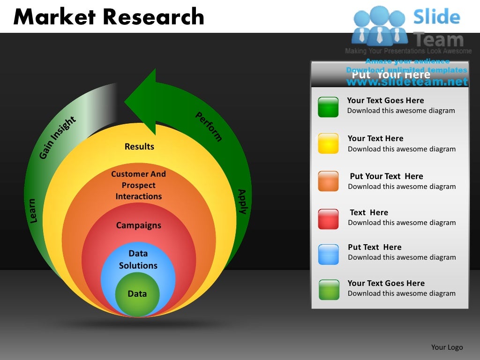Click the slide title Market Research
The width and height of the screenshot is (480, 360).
pos(109,17)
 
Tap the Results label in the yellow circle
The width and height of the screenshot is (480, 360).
pos(139,147)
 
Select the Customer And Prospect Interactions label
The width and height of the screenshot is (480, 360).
pos(139,185)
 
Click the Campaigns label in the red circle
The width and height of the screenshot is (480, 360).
pos(138,225)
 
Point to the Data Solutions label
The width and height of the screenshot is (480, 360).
pos(138,260)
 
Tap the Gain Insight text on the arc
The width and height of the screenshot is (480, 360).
pos(58,137)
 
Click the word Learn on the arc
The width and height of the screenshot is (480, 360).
pos(32,211)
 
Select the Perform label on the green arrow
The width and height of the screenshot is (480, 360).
pos(209,127)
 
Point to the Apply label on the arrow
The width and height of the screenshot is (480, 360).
pos(242,202)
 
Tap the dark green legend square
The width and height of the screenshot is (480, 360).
pos(328,107)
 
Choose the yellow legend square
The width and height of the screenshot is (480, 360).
pos(328,143)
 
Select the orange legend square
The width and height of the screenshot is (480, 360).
pos(328,181)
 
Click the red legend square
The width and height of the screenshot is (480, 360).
pos(328,219)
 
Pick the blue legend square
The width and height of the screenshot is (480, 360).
pos(328,254)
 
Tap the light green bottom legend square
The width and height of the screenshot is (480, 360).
pos(328,290)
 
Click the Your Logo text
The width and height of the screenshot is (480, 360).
pos(447,347)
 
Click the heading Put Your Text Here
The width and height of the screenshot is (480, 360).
pos(390,75)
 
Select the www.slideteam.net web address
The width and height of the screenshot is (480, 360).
pos(407,82)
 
